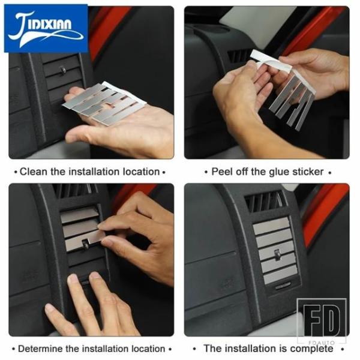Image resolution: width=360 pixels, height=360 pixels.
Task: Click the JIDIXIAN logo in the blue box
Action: [46, 28]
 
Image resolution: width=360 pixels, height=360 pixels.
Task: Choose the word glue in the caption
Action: [273, 172]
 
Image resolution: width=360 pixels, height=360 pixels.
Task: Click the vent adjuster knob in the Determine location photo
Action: [85, 243]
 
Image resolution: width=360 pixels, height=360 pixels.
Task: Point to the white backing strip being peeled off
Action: [271, 61]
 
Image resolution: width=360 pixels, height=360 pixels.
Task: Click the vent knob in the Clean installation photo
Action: [62, 70]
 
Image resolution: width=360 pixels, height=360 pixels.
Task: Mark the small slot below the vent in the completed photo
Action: [283, 287]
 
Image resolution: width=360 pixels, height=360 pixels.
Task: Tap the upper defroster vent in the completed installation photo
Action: [264, 202]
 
